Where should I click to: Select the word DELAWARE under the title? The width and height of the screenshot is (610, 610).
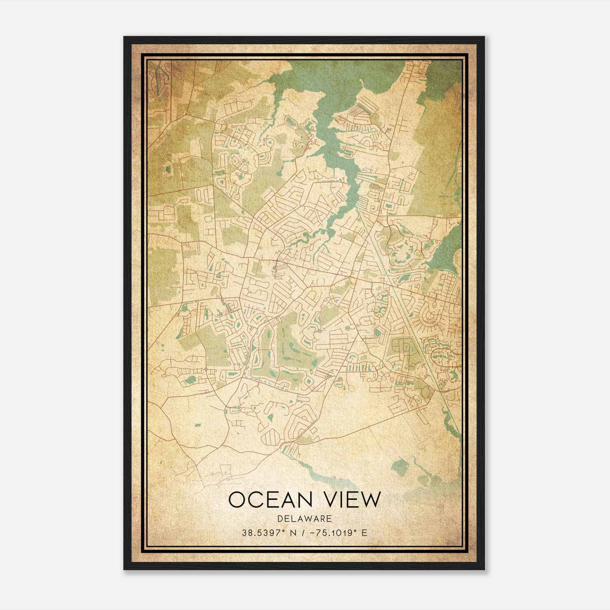click(305, 518)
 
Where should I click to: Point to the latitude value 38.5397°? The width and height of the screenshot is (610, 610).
click(263, 533)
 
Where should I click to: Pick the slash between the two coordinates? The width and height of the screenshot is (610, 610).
click(303, 533)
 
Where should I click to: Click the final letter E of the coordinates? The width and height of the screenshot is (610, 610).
click(365, 533)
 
